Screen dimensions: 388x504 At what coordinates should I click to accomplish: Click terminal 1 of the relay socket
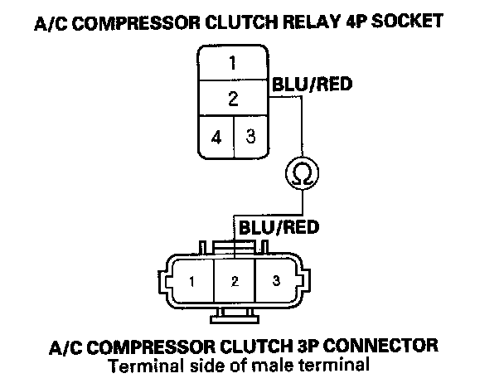point(233,62)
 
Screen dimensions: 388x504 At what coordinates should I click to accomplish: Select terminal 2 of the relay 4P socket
point(233,99)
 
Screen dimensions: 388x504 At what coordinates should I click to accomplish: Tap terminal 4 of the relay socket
point(216,136)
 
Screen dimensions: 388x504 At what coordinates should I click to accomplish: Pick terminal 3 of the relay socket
point(250,136)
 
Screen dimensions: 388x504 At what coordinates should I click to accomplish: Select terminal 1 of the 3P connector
point(191,282)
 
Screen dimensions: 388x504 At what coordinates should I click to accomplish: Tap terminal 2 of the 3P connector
point(235,282)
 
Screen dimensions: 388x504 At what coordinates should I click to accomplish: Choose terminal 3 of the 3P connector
point(277,282)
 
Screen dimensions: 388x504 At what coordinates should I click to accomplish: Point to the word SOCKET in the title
point(419,23)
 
